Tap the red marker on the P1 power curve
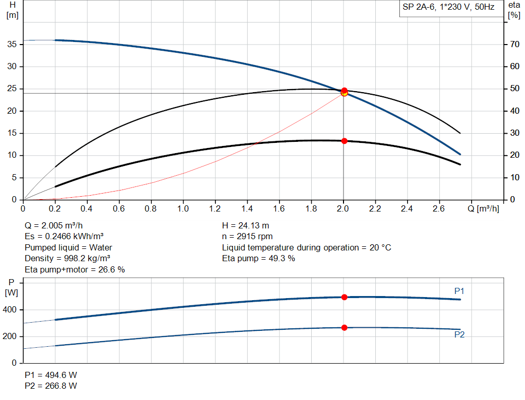coord(344,297)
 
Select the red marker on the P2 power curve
coord(344,327)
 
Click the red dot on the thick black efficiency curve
coord(344,141)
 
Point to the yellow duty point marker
coord(344,93)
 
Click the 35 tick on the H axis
coord(13,45)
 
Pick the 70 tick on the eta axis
coord(513,45)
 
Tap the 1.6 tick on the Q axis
coord(279,209)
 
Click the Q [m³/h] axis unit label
coord(483,209)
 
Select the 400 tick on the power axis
coord(12,310)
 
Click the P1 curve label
coord(459,291)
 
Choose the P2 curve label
coord(459,335)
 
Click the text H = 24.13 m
coord(245,225)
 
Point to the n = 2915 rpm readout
coord(247,237)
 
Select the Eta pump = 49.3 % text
coord(258,259)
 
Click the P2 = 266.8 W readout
coord(51,386)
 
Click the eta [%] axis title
coord(514,10)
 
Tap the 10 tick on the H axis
coord(13,155)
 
